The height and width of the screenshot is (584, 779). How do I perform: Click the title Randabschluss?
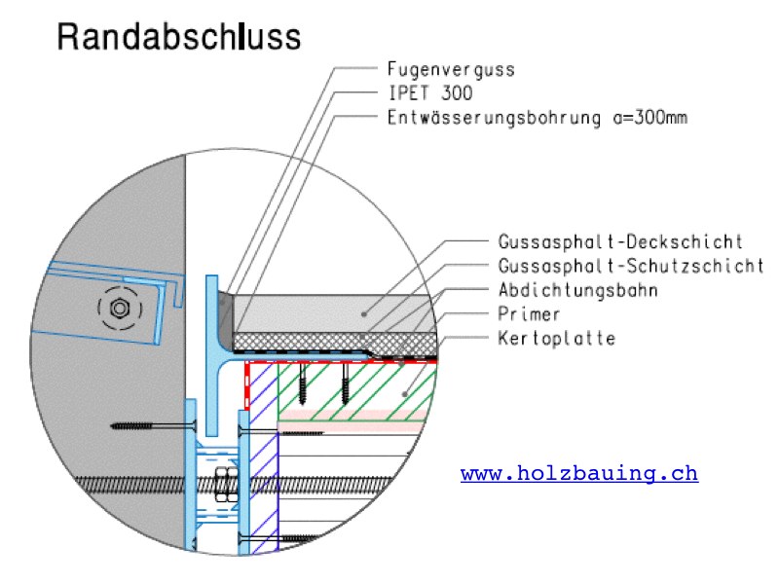pos(179,37)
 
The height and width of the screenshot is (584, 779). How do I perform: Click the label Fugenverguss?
pos(451,69)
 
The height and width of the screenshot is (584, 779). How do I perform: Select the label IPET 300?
pos(430,92)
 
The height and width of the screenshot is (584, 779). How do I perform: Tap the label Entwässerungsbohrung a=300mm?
pos(538,117)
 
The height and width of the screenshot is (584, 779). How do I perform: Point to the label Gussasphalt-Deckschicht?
pos(620,241)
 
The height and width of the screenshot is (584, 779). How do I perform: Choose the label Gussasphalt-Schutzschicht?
pos(631,266)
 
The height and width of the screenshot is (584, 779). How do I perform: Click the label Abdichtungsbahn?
pos(578,289)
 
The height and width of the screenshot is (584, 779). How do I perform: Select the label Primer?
pos(529,313)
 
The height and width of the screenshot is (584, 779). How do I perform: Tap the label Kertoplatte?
pos(557,338)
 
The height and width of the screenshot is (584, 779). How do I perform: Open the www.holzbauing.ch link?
pos(579,473)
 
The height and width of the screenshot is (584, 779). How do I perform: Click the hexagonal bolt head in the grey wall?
pos(119,308)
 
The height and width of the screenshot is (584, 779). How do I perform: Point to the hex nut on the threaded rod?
pos(226,484)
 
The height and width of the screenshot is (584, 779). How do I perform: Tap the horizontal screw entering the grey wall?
pos(154,425)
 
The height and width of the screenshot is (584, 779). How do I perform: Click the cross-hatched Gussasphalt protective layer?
pos(334,342)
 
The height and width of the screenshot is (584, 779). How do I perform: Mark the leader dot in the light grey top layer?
pos(364,313)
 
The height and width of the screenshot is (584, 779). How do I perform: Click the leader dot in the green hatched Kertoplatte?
pos(405,394)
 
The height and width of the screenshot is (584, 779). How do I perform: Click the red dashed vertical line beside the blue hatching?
pos(247,385)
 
